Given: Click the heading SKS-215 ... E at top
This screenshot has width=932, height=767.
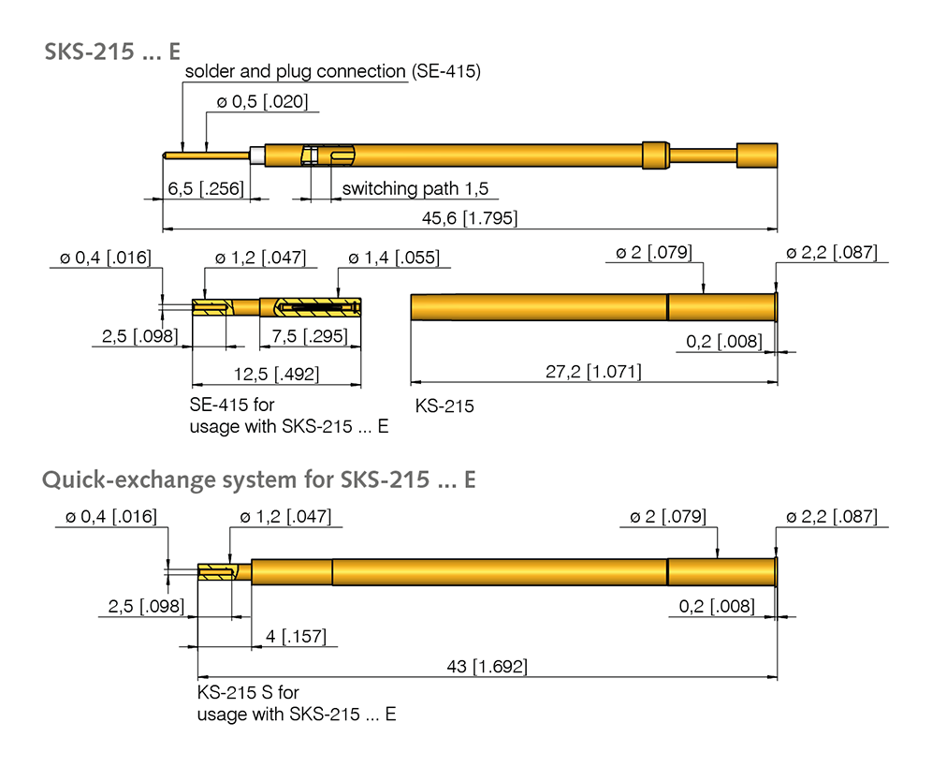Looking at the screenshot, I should pyautogui.click(x=111, y=52).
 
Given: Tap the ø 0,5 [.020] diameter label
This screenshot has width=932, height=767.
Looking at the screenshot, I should pyautogui.click(x=262, y=102).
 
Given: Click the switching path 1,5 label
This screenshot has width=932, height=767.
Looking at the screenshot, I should pyautogui.click(x=415, y=189).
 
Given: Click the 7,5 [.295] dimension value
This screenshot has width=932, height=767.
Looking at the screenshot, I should pyautogui.click(x=310, y=336).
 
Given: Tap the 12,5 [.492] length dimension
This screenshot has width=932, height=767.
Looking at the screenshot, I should pyautogui.click(x=276, y=375).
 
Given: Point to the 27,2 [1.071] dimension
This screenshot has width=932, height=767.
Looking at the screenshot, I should pyautogui.click(x=594, y=373).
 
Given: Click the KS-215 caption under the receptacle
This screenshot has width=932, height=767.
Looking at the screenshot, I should pyautogui.click(x=444, y=406).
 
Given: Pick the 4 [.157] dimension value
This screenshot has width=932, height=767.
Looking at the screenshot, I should pyautogui.click(x=296, y=637).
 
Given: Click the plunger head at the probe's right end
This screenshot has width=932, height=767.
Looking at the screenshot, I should pyautogui.click(x=757, y=155).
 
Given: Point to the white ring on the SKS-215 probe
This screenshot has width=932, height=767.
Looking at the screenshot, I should pyautogui.click(x=257, y=155).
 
